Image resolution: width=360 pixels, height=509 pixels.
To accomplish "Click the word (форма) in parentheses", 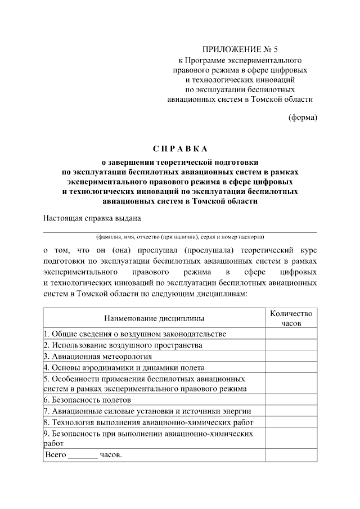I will tap(303, 118).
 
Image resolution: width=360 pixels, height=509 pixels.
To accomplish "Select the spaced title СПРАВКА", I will tap(180, 149).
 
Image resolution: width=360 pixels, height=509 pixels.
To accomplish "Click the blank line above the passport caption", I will tap(180, 231).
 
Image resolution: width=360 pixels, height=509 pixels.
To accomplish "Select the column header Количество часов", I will tap(290, 318).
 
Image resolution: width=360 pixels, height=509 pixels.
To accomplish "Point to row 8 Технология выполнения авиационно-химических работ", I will tap(148, 422).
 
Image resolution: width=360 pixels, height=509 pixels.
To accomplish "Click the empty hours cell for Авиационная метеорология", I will tap(290, 356).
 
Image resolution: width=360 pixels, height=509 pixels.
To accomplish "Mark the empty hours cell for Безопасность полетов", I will tap(290, 400).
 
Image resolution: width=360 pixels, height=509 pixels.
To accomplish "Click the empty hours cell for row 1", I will tap(290, 334).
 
